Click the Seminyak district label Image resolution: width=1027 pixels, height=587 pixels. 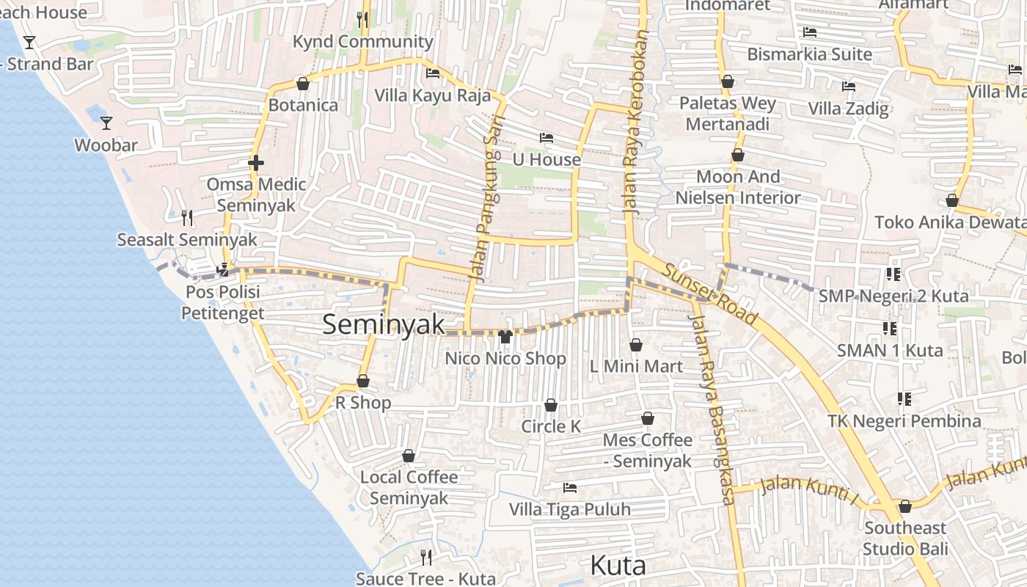tap(384, 324)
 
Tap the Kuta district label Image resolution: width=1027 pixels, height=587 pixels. tap(618, 566)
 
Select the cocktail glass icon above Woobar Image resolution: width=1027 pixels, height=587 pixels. tap(106, 123)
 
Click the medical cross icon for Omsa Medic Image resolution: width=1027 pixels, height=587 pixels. tap(255, 162)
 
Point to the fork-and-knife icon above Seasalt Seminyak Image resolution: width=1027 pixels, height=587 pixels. tap(187, 217)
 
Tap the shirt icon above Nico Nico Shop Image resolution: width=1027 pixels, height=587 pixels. tap(505, 337)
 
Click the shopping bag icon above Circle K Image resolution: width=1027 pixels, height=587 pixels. tap(551, 405)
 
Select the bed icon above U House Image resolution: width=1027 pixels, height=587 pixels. tap(546, 137)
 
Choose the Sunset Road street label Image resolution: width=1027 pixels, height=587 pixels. tap(709, 294)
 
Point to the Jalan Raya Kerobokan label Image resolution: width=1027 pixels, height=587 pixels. tap(637, 122)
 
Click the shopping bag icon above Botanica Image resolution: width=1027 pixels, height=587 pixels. tap(302, 84)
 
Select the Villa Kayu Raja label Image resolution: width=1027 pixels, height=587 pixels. tap(433, 95)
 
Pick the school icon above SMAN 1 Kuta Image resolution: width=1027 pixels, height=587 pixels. tap(890, 328)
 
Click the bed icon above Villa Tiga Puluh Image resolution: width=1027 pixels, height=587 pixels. tap(569, 487)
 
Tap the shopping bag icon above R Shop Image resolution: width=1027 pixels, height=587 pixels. tap(362, 381)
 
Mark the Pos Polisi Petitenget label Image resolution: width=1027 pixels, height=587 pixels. tap(222, 302)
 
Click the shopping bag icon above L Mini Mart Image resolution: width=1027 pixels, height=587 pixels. tap(636, 344)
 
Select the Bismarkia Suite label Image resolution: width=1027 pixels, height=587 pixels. tap(809, 54)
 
